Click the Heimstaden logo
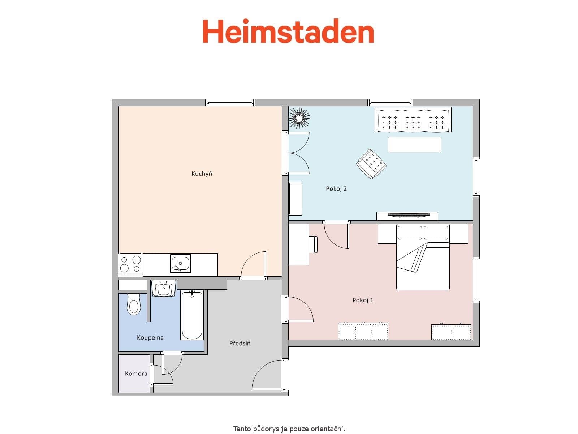coord(288,32)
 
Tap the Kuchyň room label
coord(202,174)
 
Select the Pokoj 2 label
coord(336,189)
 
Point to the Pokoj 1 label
coord(363,300)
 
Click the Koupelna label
coord(150,338)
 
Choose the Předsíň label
coord(240,343)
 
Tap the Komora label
coord(136,374)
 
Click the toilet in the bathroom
coord(133,304)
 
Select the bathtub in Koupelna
coord(192,315)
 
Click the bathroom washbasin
coord(164,288)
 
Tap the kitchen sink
coord(180,263)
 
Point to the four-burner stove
coord(130,264)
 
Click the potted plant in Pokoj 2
coord(299,118)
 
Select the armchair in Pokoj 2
coord(371,164)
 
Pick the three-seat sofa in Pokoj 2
coord(413,120)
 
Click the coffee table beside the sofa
coord(414,144)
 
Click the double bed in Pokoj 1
coord(423,257)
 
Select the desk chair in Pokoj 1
coord(313,244)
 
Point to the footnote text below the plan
coord(289,429)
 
